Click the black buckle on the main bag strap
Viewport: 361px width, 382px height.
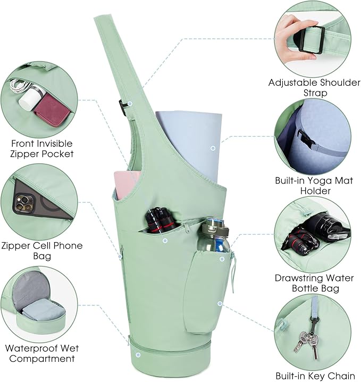click(123, 107)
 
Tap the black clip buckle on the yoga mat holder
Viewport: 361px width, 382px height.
click(306, 139)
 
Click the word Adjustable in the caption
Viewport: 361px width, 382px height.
click(292, 83)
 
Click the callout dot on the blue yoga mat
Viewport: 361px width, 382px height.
click(213, 148)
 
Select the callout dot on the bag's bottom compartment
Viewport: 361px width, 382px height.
click(138, 355)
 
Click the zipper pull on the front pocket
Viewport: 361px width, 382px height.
click(187, 228)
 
